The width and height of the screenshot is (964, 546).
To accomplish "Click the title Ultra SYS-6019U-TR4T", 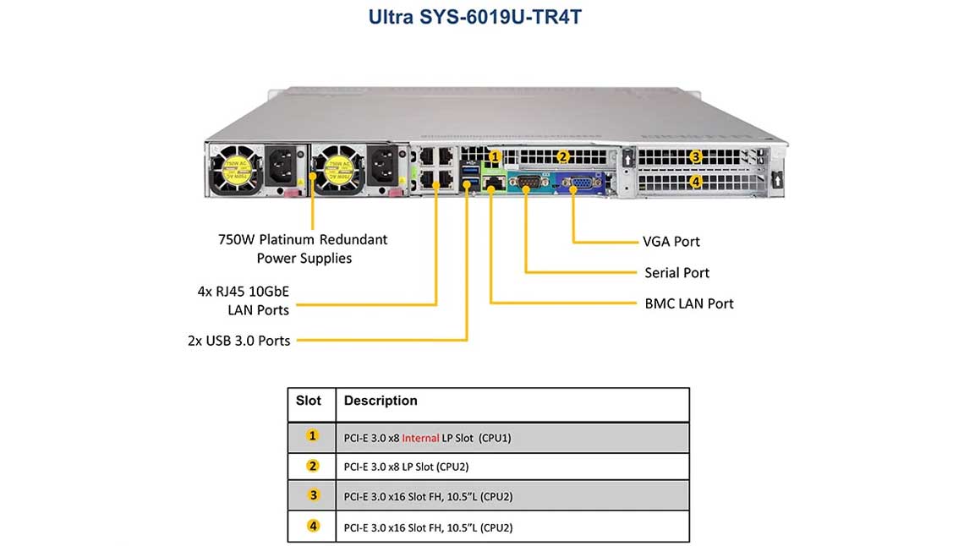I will tap(475, 17).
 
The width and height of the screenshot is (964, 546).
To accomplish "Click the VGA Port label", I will tap(671, 242).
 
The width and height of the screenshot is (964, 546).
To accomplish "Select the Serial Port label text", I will tap(676, 273).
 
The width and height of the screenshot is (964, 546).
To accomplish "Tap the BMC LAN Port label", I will tap(688, 303).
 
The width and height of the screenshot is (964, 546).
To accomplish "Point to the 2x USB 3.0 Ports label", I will tap(238, 341).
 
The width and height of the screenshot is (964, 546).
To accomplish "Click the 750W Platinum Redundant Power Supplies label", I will tap(303, 248).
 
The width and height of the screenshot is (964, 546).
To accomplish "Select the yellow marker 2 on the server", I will tap(562, 156).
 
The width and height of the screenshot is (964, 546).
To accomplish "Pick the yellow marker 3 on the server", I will tap(695, 156).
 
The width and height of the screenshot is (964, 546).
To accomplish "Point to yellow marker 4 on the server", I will tap(695, 181).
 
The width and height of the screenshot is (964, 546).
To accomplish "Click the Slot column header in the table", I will tap(309, 401).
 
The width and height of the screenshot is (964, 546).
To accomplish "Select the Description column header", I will tap(381, 401).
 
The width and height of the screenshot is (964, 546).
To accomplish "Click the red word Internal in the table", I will tap(420, 438).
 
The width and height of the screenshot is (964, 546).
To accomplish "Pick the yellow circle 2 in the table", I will tap(313, 466).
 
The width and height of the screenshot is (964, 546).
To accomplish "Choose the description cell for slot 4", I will tap(428, 527).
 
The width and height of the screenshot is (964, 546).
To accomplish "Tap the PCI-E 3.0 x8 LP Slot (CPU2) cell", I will tap(406, 467).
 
